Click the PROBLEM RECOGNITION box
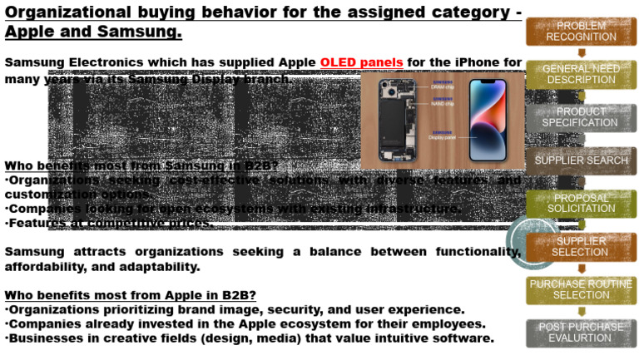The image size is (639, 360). (581, 32)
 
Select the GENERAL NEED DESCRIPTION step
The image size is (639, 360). (581, 74)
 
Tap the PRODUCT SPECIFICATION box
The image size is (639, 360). (581, 117)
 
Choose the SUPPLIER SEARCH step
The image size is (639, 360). (581, 160)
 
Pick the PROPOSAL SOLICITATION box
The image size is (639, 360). (581, 204)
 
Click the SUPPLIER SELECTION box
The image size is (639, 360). (581, 247)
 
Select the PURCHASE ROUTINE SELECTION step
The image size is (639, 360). (581, 289)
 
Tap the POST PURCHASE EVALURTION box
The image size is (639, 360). (581, 333)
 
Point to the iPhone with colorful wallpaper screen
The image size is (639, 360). (488, 120)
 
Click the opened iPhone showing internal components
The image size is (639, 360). (395, 120)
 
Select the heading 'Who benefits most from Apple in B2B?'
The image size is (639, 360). (130, 295)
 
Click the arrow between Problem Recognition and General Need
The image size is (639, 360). (581, 53)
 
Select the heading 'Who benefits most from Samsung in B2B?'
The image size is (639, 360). (141, 165)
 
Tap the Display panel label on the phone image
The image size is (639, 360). (443, 137)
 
